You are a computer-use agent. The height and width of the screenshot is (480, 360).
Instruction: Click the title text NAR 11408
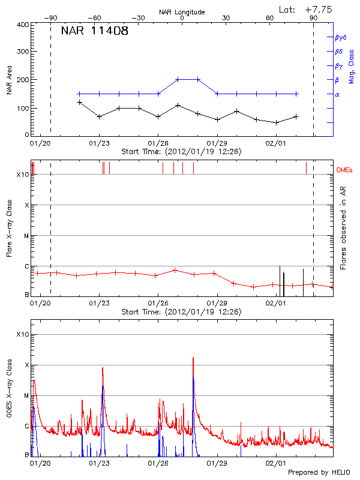click(94, 31)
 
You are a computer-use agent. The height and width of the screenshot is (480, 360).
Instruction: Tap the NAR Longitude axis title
click(182, 12)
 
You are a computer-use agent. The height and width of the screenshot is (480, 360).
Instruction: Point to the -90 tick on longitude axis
click(50, 18)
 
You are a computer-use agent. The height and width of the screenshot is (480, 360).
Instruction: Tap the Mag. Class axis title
click(352, 66)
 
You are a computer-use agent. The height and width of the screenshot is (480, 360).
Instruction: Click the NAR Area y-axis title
click(9, 80)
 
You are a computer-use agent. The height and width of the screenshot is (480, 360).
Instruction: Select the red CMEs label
click(346, 170)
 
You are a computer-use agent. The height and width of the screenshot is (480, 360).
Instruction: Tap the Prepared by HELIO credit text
click(319, 472)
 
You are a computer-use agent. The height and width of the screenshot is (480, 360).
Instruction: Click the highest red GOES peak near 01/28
click(193, 358)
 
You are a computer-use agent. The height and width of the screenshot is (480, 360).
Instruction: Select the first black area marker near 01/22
click(79, 102)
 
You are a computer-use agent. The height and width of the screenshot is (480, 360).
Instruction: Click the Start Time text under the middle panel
click(181, 312)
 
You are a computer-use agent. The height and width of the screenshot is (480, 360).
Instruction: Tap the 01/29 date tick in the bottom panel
click(217, 463)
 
